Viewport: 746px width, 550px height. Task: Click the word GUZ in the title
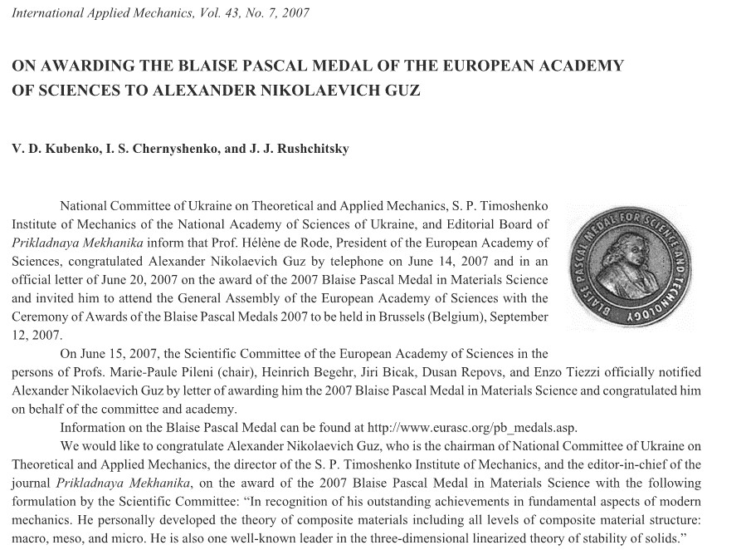[402, 90]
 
